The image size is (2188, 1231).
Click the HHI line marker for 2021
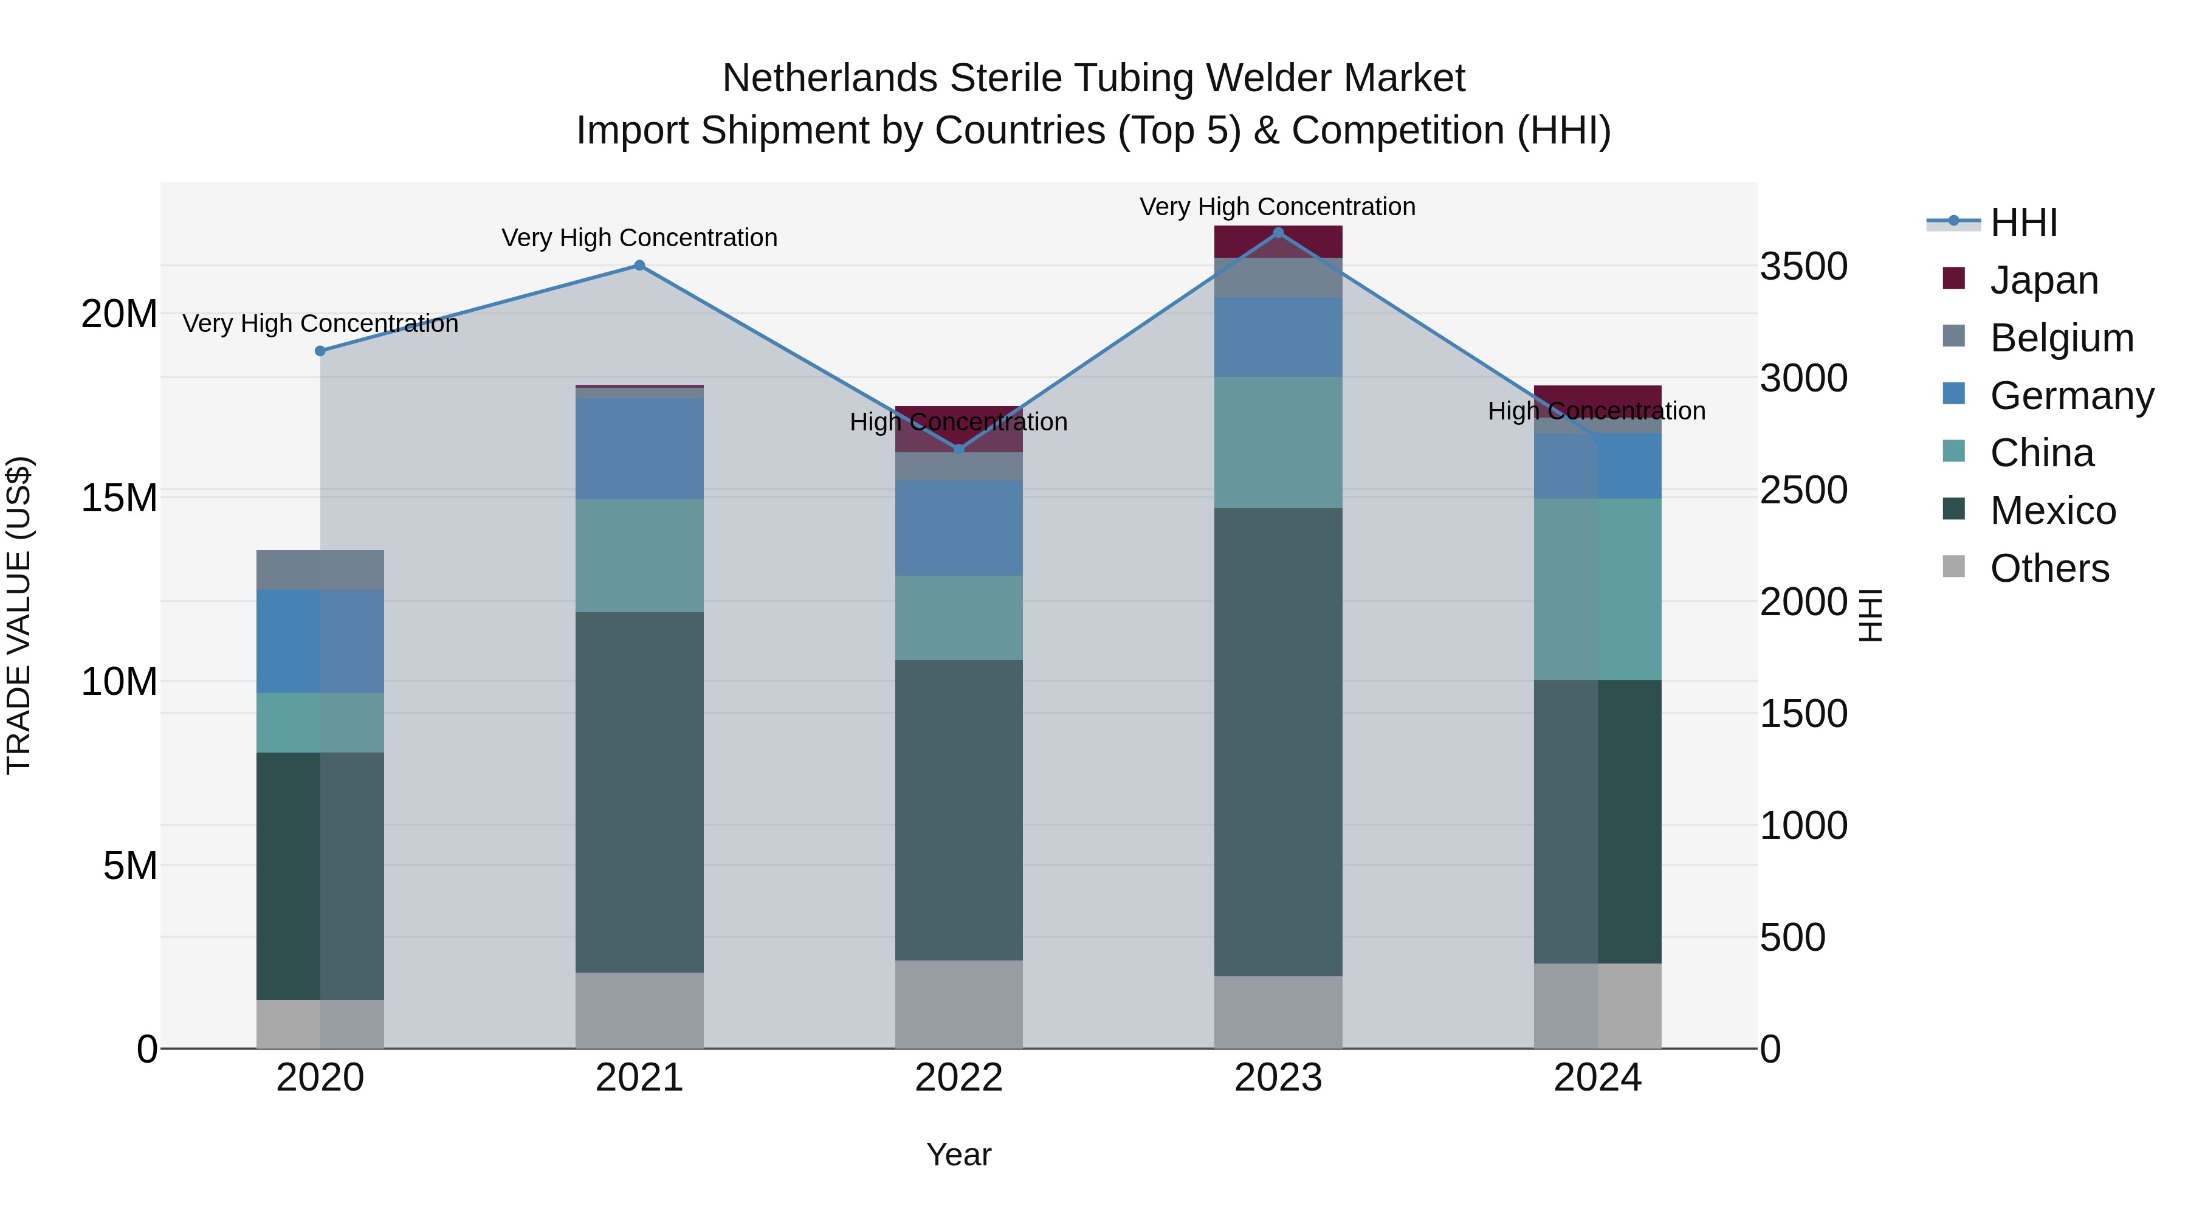click(x=639, y=265)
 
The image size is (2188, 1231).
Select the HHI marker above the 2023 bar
click(x=1278, y=232)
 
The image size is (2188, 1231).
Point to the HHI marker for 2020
click(x=320, y=351)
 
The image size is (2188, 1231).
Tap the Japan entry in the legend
click(x=2043, y=280)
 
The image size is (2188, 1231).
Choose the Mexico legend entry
click(x=2052, y=511)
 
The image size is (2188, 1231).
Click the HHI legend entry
click(x=2023, y=222)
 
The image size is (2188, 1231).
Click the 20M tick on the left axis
click(x=119, y=314)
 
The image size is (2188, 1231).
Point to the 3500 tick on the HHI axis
click(x=1803, y=266)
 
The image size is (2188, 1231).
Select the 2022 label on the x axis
click(x=959, y=1078)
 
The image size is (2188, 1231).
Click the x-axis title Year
click(x=959, y=1154)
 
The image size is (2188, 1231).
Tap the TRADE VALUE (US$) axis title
click(x=19, y=615)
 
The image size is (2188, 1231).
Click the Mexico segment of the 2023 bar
click(x=1278, y=742)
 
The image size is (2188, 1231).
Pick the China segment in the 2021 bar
click(x=639, y=555)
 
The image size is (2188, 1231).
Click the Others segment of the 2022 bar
click(x=959, y=1004)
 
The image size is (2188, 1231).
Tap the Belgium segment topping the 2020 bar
click(x=320, y=570)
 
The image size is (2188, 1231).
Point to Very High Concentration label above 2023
click(x=1278, y=207)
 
